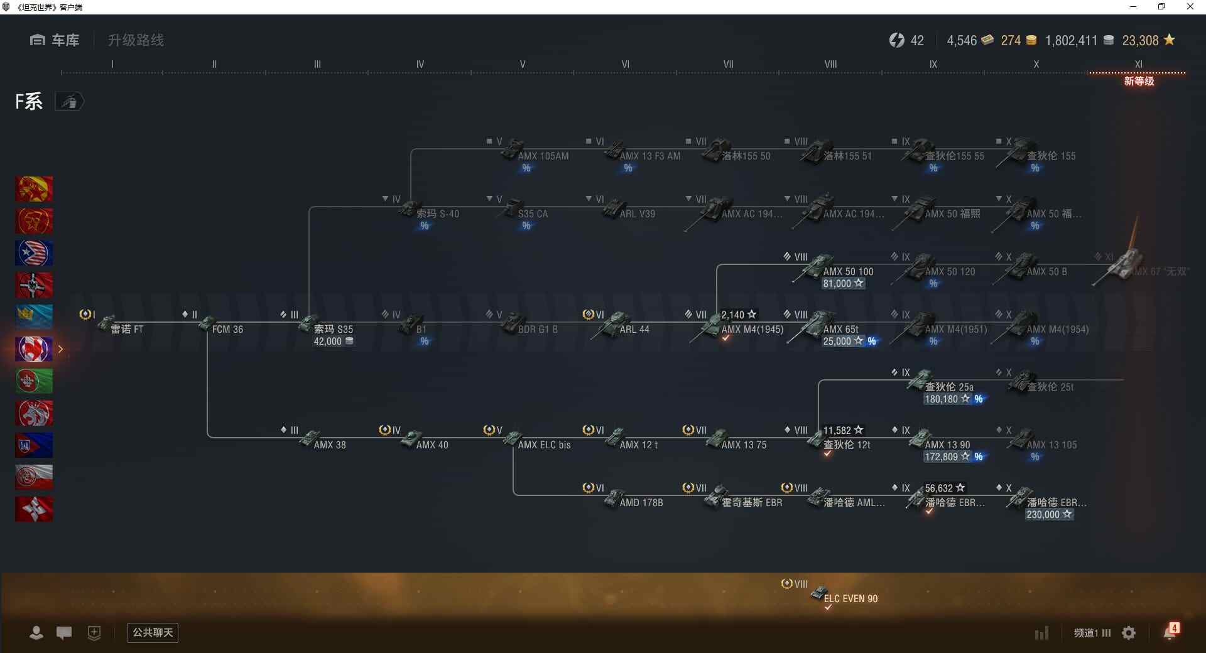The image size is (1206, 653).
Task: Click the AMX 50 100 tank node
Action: tap(847, 271)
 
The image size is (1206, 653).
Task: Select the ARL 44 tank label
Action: tap(634, 329)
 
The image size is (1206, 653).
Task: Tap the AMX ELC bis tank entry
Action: tap(544, 445)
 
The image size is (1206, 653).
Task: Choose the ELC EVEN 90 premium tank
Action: tap(850, 598)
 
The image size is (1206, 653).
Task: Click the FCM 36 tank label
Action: tap(227, 329)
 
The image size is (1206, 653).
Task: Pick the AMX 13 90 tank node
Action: tap(947, 445)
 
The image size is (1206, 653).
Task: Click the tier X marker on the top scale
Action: tap(1036, 64)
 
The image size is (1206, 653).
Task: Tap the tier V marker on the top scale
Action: tap(522, 64)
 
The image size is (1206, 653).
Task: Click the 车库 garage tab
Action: tap(55, 40)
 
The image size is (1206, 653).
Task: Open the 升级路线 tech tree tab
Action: tap(136, 40)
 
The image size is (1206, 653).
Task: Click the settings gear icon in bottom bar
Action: tap(1129, 633)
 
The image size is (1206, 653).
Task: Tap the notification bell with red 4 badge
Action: tap(1170, 632)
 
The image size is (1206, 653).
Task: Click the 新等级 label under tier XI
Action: tap(1138, 81)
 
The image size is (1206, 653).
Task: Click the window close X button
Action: tap(1190, 7)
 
